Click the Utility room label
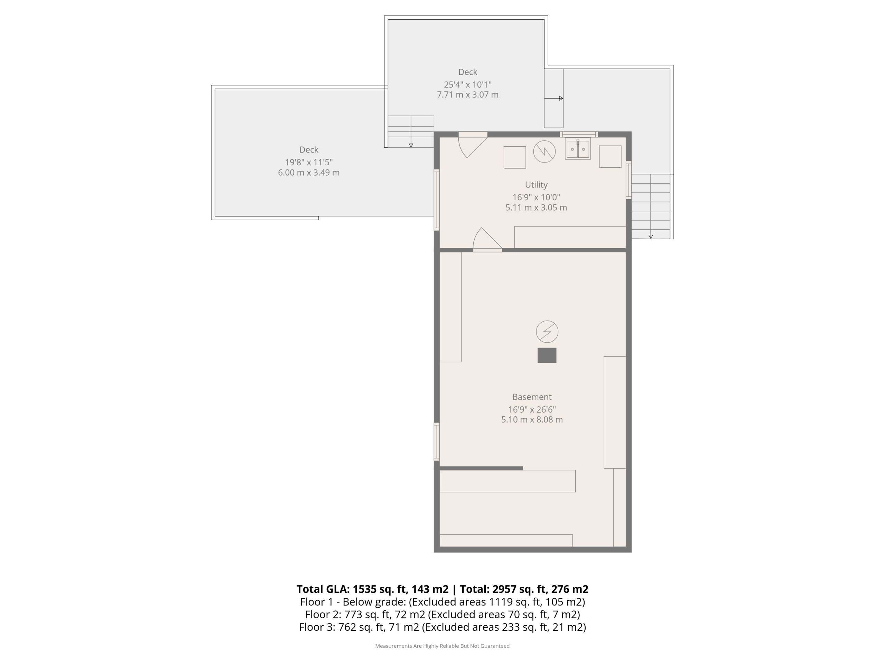pos(536,185)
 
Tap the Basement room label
pos(532,397)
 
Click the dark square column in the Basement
pos(547,356)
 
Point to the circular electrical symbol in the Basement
pos(547,332)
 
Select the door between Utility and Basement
pos(487,240)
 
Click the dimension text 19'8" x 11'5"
pos(309,162)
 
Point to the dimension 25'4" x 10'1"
pos(468,84)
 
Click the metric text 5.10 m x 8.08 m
pos(532,419)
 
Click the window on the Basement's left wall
pos(437,442)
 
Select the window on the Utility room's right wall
pos(628,180)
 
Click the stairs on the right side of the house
pos(651,206)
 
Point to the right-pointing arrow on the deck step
pos(554,98)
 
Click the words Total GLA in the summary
pos(323,589)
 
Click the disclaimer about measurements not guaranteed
pos(442,646)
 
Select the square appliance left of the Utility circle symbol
pos(514,157)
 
